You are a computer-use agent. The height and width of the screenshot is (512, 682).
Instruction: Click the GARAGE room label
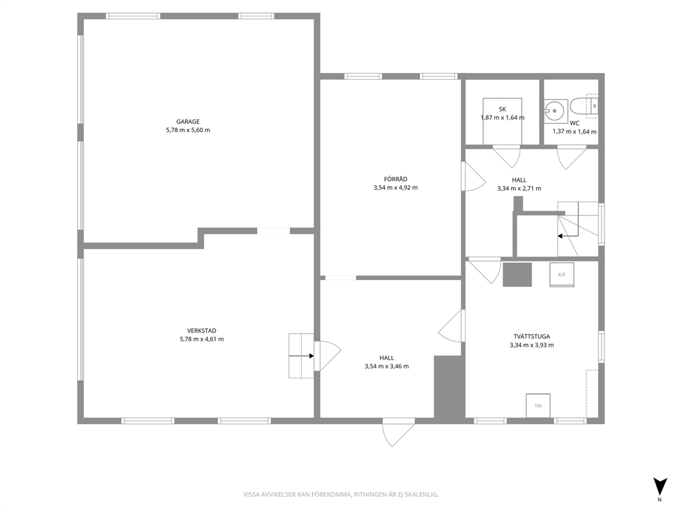click(x=188, y=122)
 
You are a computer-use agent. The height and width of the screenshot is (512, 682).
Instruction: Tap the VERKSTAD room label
click(x=202, y=331)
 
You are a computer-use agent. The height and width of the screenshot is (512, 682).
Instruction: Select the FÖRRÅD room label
click(x=395, y=180)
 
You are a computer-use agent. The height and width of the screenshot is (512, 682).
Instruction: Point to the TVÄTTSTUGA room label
click(x=531, y=337)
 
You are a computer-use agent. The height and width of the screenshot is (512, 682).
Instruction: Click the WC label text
click(x=574, y=123)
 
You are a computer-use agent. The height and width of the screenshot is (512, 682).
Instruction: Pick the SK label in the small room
click(x=503, y=109)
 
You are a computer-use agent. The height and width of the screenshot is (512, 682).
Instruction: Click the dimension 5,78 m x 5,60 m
click(x=188, y=130)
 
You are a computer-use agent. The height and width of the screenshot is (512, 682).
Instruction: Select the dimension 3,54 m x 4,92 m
click(x=395, y=188)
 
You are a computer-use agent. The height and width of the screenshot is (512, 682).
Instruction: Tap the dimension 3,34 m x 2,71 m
click(x=519, y=189)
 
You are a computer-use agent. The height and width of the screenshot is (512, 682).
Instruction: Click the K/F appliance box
click(x=562, y=275)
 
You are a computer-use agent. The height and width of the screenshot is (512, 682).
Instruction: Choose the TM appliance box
click(x=538, y=406)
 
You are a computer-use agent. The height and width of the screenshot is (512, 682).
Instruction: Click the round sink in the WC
click(x=555, y=111)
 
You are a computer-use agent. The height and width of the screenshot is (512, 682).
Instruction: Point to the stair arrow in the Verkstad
click(x=301, y=356)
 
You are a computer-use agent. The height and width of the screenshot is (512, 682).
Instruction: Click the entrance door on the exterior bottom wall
click(x=398, y=432)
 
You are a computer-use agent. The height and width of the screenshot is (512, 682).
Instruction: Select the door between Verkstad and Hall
click(x=327, y=356)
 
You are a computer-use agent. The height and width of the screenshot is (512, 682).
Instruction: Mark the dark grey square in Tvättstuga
click(x=517, y=275)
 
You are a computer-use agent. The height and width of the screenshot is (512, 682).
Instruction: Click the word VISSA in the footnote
click(x=251, y=495)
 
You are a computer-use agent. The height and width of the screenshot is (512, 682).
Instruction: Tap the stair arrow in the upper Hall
click(x=569, y=236)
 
